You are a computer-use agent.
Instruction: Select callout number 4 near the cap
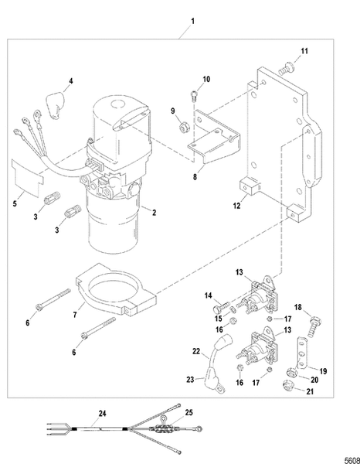click(x=71, y=80)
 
